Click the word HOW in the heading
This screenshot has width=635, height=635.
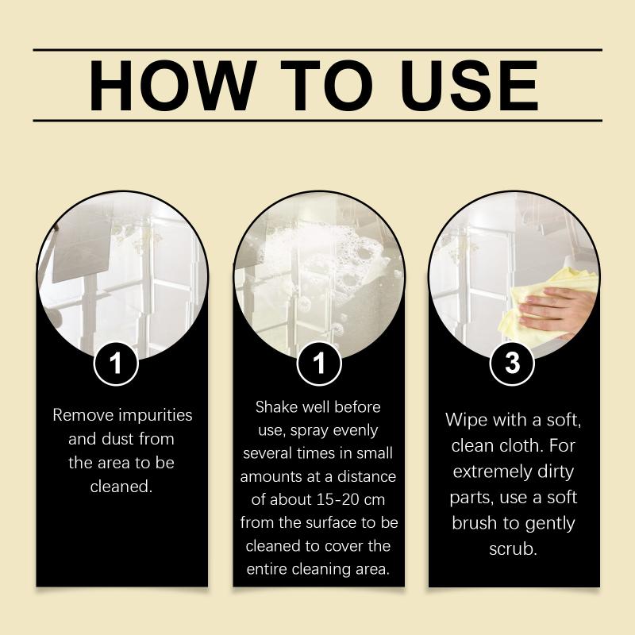173,86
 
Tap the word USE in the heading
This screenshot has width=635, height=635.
469,86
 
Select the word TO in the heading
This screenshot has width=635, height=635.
327,86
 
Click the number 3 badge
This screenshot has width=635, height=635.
512,364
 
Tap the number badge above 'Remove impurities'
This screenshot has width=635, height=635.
116,364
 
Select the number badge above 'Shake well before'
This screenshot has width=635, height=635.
319,364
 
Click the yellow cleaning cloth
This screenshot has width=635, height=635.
543,304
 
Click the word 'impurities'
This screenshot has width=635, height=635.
156,415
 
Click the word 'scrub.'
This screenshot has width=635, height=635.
513,549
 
